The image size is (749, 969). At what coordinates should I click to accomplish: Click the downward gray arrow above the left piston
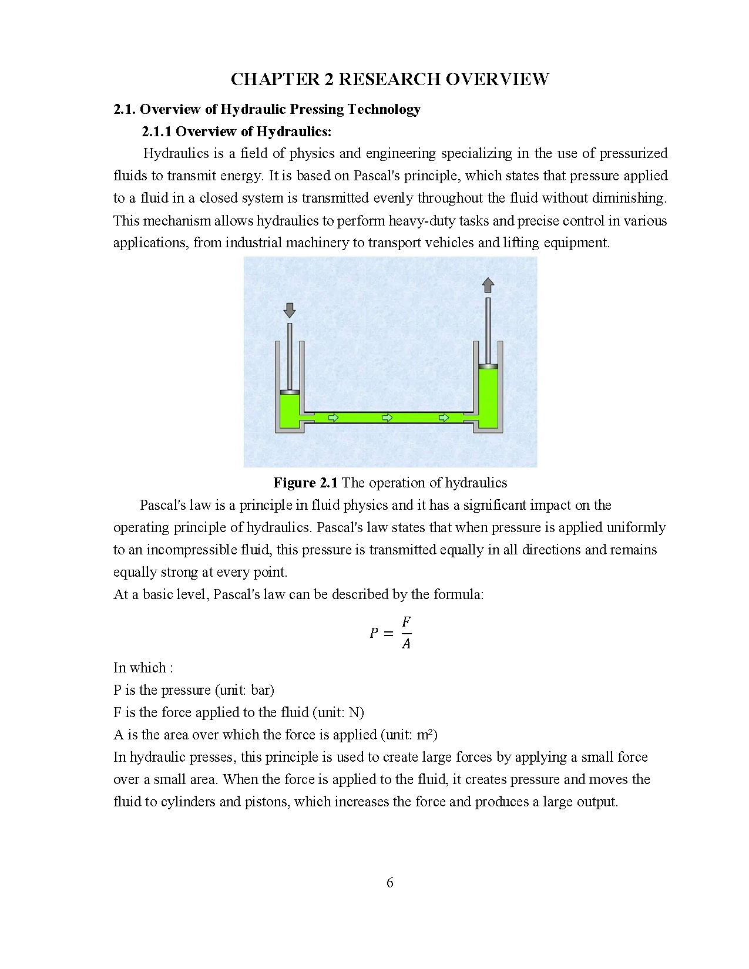click(289, 309)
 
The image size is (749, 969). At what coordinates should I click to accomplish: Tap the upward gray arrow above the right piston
click(488, 285)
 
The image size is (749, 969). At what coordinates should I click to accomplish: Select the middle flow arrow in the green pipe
click(388, 418)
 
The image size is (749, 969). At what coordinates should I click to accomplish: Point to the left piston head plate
click(289, 392)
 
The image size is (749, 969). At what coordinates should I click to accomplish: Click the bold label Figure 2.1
click(305, 483)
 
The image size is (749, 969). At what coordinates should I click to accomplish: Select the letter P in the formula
click(374, 633)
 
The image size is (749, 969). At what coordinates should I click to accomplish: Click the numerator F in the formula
click(406, 622)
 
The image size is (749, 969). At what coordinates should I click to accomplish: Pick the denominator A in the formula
click(406, 644)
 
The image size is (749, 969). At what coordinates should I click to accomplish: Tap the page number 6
click(390, 883)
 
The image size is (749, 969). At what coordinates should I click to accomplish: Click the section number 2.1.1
click(157, 131)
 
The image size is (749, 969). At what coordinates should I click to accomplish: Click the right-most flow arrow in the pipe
click(444, 418)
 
